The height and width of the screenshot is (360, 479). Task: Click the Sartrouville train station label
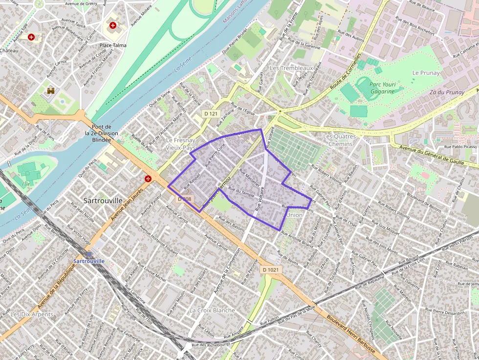click(89, 261)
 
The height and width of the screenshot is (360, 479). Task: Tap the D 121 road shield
click(210, 113)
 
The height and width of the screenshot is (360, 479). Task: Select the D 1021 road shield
click(270, 270)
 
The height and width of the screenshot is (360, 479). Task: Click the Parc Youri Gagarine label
click(382, 88)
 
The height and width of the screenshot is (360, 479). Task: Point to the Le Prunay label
click(426, 73)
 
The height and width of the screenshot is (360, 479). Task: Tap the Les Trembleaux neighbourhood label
click(291, 68)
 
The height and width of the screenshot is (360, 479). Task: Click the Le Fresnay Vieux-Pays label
click(180, 143)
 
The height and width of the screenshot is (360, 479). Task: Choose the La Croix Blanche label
click(212, 310)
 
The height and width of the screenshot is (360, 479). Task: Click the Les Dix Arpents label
click(32, 314)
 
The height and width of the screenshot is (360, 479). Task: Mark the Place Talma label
click(113, 45)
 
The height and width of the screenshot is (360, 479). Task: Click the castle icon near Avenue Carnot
click(51, 91)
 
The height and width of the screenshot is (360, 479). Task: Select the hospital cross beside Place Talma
click(113, 25)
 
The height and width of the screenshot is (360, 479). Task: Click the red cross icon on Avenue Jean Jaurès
click(148, 179)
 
